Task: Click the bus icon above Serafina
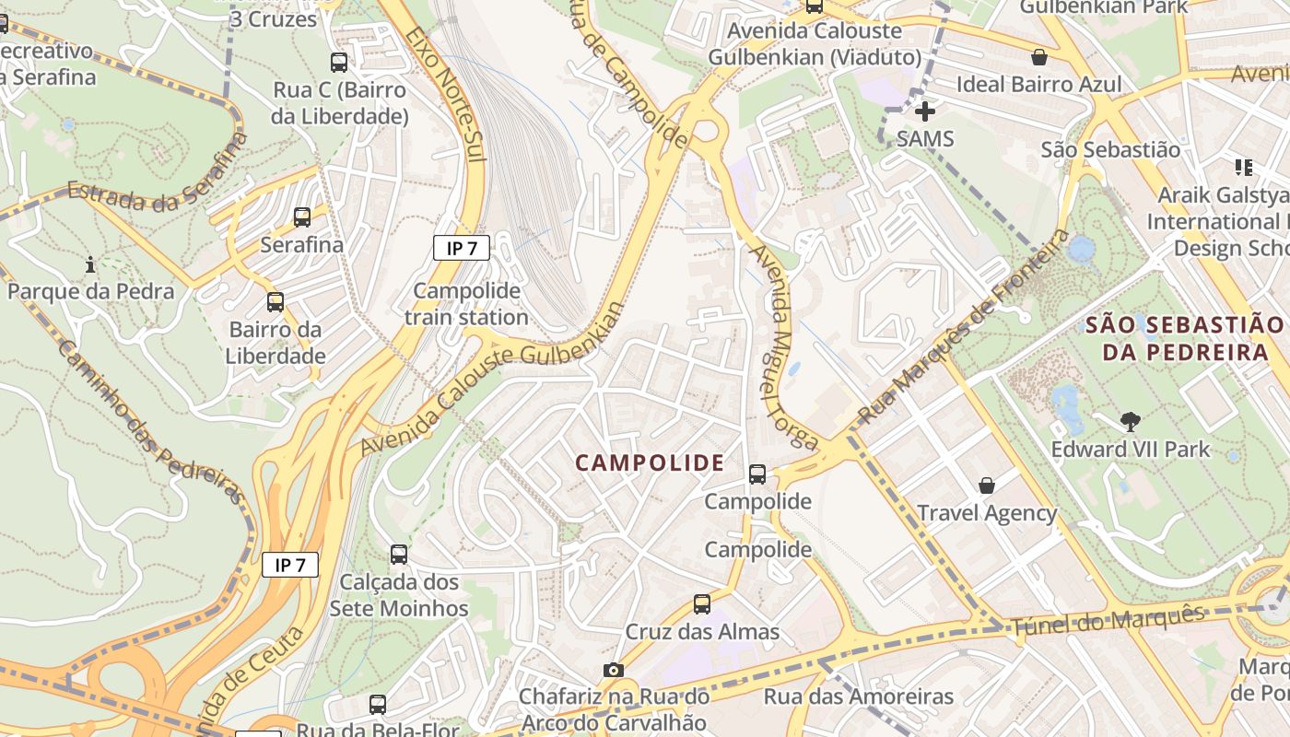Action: [302, 217]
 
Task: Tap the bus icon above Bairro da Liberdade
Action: [275, 301]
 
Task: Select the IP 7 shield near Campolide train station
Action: [462, 247]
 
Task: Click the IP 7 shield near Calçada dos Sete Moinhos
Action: [290, 565]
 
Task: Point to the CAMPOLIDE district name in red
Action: [651, 462]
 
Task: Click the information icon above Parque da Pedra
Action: [90, 265]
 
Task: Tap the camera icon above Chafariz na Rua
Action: [614, 670]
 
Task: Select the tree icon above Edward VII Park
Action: [1130, 422]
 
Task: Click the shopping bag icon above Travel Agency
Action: [987, 485]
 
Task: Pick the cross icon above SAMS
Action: [925, 111]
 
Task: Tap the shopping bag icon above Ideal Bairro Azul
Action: [1039, 57]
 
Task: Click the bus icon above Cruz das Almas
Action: [702, 604]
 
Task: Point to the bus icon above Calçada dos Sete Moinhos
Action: [399, 555]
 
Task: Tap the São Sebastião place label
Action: [1110, 149]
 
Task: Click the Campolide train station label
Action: [466, 304]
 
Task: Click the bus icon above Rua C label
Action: [339, 63]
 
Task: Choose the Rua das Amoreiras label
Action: [858, 696]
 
